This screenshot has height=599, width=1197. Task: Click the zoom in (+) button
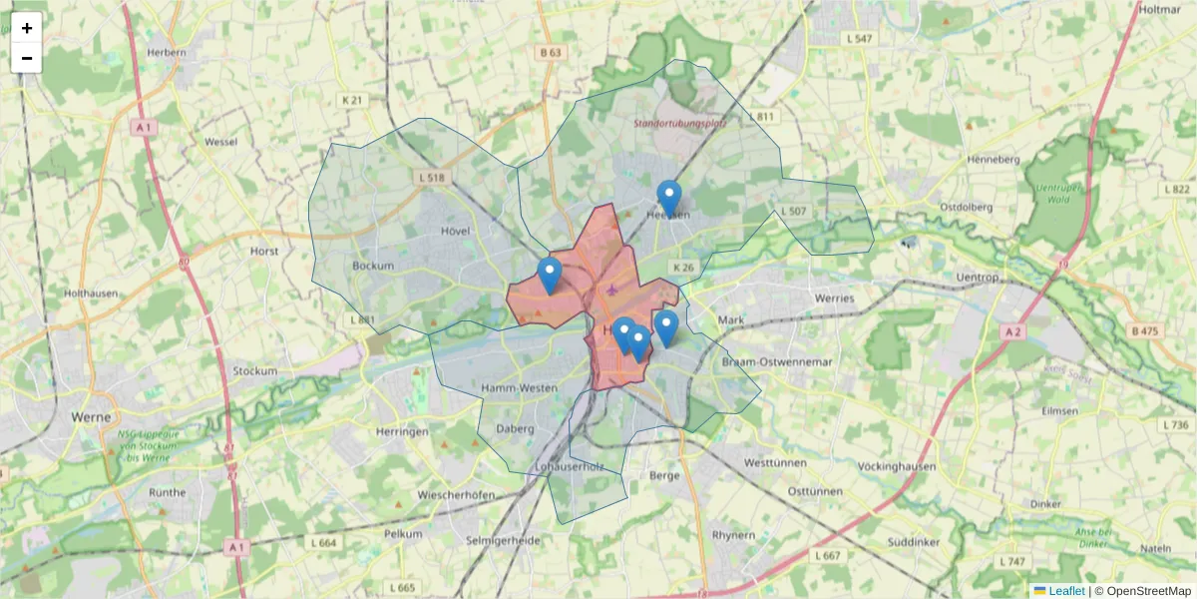pyautogui.click(x=27, y=28)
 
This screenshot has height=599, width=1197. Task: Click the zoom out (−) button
pyautogui.click(x=27, y=58)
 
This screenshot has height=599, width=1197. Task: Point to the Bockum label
pyautogui.click(x=373, y=267)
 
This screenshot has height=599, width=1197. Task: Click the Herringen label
pyautogui.click(x=403, y=431)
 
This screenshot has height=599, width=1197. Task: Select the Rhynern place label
pyautogui.click(x=733, y=535)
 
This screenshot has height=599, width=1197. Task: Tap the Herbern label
pyautogui.click(x=167, y=52)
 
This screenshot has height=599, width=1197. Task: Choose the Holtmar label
pyautogui.click(x=1159, y=9)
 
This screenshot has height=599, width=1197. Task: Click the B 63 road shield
pyautogui.click(x=551, y=52)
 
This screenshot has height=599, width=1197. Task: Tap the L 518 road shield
pyautogui.click(x=430, y=177)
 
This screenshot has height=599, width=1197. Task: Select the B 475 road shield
pyautogui.click(x=1147, y=330)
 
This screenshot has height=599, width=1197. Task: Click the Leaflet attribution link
pyautogui.click(x=1065, y=591)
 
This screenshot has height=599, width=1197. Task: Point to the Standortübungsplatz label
pyautogui.click(x=680, y=124)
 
